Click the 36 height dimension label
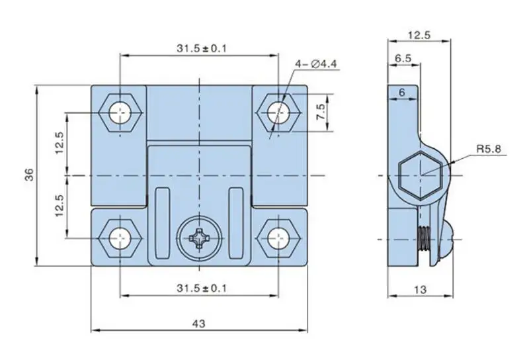tap(28, 175)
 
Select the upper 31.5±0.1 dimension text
tap(199, 48)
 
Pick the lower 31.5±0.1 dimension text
tap(199, 288)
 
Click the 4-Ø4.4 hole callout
tap(316, 64)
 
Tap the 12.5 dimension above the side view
tap(419, 35)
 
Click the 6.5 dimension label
tap(403, 58)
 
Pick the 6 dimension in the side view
tap(401, 93)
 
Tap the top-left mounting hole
tap(120, 112)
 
